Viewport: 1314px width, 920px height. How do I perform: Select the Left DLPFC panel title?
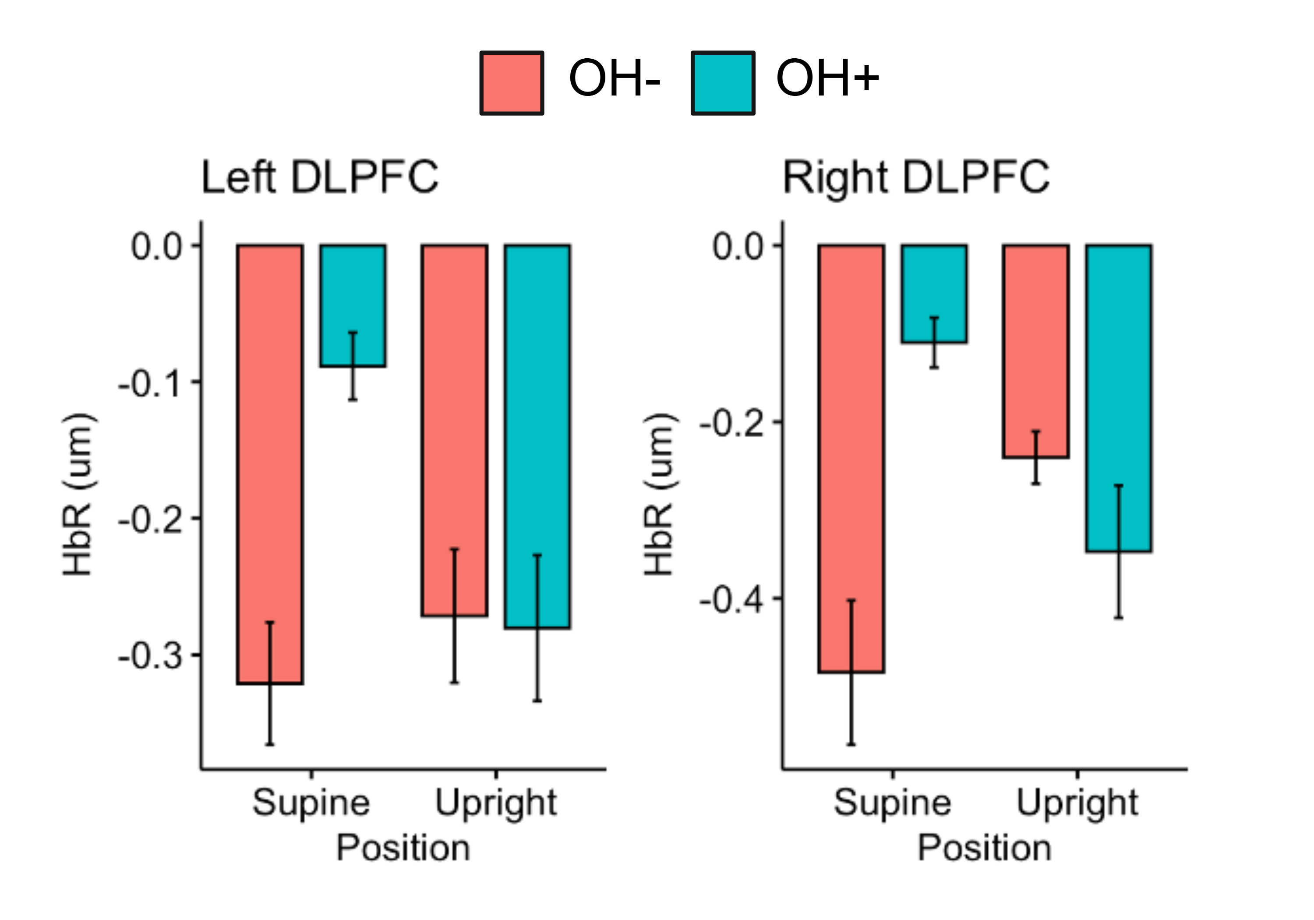(320, 177)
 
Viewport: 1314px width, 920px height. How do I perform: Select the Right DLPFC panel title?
(916, 177)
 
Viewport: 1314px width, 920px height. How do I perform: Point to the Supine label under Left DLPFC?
(311, 803)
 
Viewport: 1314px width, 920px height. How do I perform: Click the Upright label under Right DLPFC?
(1077, 803)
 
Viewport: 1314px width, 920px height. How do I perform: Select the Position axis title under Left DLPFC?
(403, 848)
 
